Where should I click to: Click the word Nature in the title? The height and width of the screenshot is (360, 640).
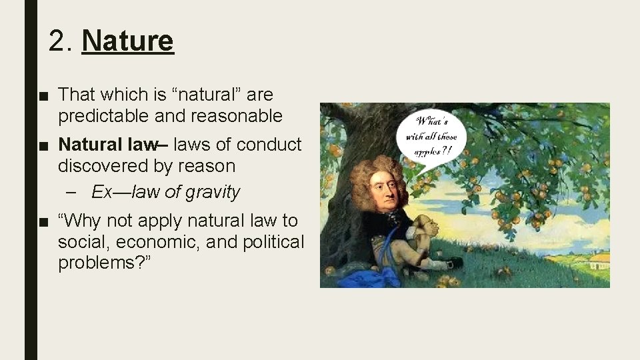click(x=127, y=41)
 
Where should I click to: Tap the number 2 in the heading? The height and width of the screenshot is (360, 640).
click(x=57, y=41)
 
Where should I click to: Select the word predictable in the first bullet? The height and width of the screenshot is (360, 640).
click(x=103, y=116)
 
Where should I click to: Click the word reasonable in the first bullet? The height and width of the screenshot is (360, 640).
click(x=236, y=116)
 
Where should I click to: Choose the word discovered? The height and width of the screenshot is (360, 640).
click(x=103, y=166)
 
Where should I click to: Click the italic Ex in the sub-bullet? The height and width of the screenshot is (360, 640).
click(x=102, y=193)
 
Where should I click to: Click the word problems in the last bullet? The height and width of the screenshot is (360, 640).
click(x=99, y=263)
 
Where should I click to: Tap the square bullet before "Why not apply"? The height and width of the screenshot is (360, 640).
click(x=43, y=221)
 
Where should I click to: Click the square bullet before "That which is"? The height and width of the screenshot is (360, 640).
click(x=43, y=95)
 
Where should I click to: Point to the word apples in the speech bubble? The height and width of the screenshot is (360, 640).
click(x=427, y=152)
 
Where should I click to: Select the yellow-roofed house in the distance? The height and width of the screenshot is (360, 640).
click(x=599, y=259)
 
